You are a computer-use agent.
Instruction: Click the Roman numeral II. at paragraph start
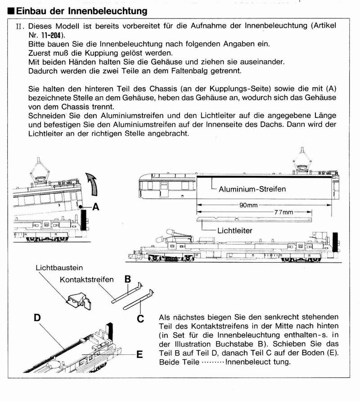(x=18, y=27)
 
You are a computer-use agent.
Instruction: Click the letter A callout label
(x=95, y=207)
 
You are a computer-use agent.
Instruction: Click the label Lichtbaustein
(x=58, y=268)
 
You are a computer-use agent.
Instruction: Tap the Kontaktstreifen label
(x=86, y=280)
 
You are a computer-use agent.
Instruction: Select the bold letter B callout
(x=127, y=279)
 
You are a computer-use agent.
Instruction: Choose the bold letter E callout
(x=139, y=355)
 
